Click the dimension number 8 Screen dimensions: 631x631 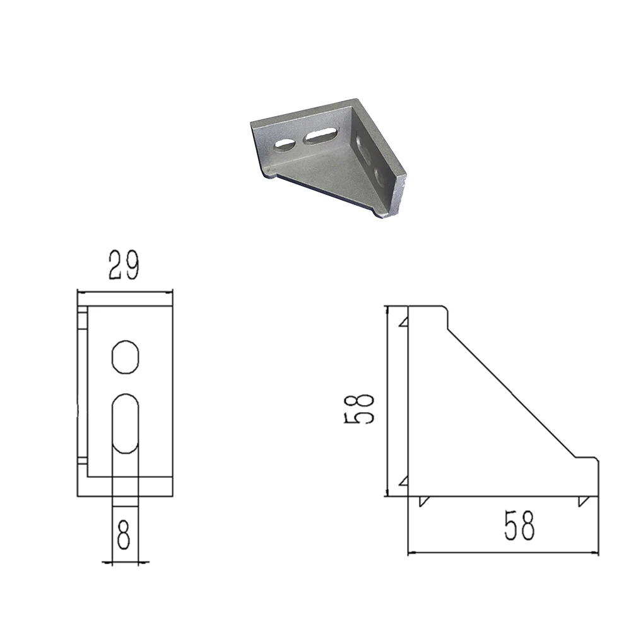coord(124,534)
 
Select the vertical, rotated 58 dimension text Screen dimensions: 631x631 coord(360,408)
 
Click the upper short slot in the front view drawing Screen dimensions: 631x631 coord(125,357)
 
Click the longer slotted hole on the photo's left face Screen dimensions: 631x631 coord(321,136)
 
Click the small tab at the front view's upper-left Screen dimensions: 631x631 coord(81,319)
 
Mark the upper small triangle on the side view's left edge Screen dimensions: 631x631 coord(404,322)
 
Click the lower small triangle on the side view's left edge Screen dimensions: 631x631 coord(404,482)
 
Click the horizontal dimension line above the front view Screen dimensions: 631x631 coord(124,292)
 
